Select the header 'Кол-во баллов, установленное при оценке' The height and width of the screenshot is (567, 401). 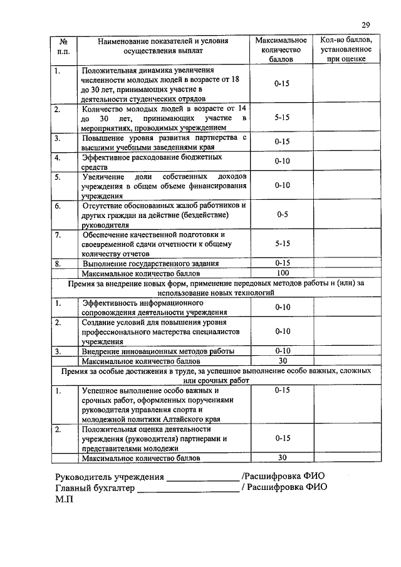tap(346, 49)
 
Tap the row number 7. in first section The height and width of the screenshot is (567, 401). tap(57, 235)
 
